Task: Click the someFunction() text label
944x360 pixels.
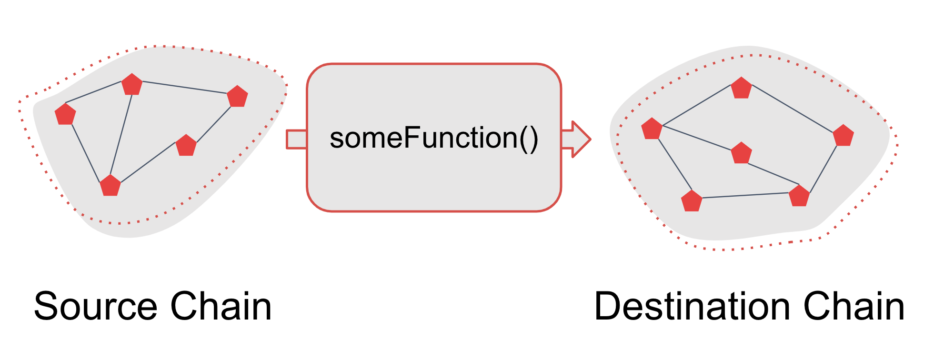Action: click(x=434, y=139)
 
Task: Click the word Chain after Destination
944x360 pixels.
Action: click(x=854, y=306)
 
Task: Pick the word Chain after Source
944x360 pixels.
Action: click(x=221, y=306)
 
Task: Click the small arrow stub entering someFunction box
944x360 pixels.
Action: click(x=296, y=139)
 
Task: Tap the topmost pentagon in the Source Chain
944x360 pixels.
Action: click(x=132, y=84)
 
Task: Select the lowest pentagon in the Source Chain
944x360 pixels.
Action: click(x=110, y=185)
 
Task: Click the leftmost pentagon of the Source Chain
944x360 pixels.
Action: click(x=65, y=114)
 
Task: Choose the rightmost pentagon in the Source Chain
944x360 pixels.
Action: click(x=237, y=96)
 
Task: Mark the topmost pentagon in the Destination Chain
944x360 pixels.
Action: click(x=741, y=88)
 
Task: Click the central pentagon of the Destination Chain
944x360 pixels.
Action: click(x=741, y=153)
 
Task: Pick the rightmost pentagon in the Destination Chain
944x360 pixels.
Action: click(x=843, y=135)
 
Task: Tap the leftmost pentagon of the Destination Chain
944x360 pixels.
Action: click(x=652, y=129)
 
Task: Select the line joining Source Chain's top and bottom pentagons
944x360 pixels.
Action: click(x=121, y=135)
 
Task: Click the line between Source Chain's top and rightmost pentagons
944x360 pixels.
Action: click(x=185, y=87)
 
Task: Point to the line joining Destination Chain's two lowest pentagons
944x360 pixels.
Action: click(x=745, y=195)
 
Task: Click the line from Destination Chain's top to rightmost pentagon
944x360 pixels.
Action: click(x=792, y=109)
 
